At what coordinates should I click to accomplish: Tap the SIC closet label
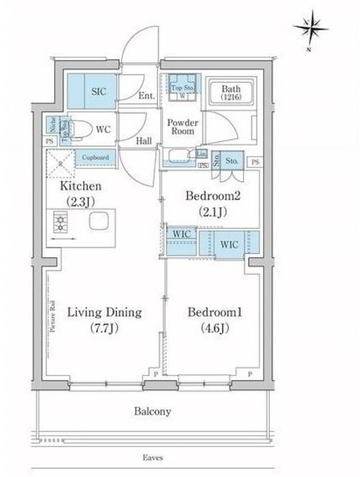click(x=98, y=91)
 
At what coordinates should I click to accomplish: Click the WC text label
click(x=104, y=129)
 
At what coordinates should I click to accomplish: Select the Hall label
click(x=145, y=139)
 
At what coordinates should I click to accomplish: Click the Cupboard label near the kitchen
click(x=95, y=157)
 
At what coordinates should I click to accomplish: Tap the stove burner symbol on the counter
click(x=60, y=221)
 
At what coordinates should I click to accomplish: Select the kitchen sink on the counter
click(x=98, y=221)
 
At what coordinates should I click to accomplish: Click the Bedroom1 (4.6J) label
click(x=210, y=319)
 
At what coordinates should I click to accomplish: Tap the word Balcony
click(x=153, y=411)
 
